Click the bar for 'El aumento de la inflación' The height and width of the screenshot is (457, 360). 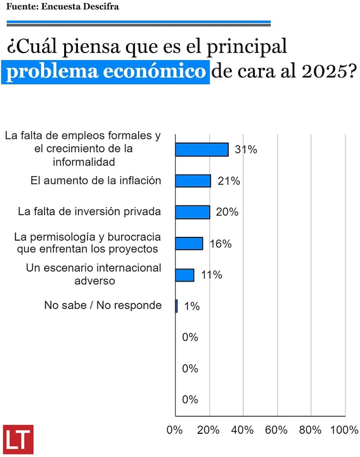(193, 181)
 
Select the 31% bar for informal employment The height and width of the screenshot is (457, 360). (201, 149)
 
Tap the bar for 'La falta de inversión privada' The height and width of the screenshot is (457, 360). (192, 212)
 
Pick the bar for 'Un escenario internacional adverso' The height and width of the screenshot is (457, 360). (185, 275)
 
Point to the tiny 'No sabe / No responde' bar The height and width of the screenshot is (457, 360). (176, 306)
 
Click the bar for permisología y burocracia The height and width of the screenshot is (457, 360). (189, 244)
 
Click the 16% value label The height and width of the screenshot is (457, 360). (221, 244)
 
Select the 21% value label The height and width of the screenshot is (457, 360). (229, 181)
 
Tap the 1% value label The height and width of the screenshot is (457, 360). (191, 306)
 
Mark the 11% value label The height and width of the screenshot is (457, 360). (211, 275)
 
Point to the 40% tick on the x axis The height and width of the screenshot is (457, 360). (242, 430)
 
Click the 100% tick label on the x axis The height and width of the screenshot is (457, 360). (344, 430)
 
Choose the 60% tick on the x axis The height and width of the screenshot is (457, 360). (276, 430)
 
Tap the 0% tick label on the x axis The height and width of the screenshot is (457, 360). (175, 430)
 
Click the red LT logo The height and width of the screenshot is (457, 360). (18, 439)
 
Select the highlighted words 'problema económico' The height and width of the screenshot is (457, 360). (105, 72)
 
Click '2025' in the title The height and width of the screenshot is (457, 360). (323, 72)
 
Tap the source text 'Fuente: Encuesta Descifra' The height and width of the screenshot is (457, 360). (62, 7)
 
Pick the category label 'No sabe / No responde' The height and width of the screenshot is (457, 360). (103, 305)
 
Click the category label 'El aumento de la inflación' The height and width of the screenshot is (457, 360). (96, 180)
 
